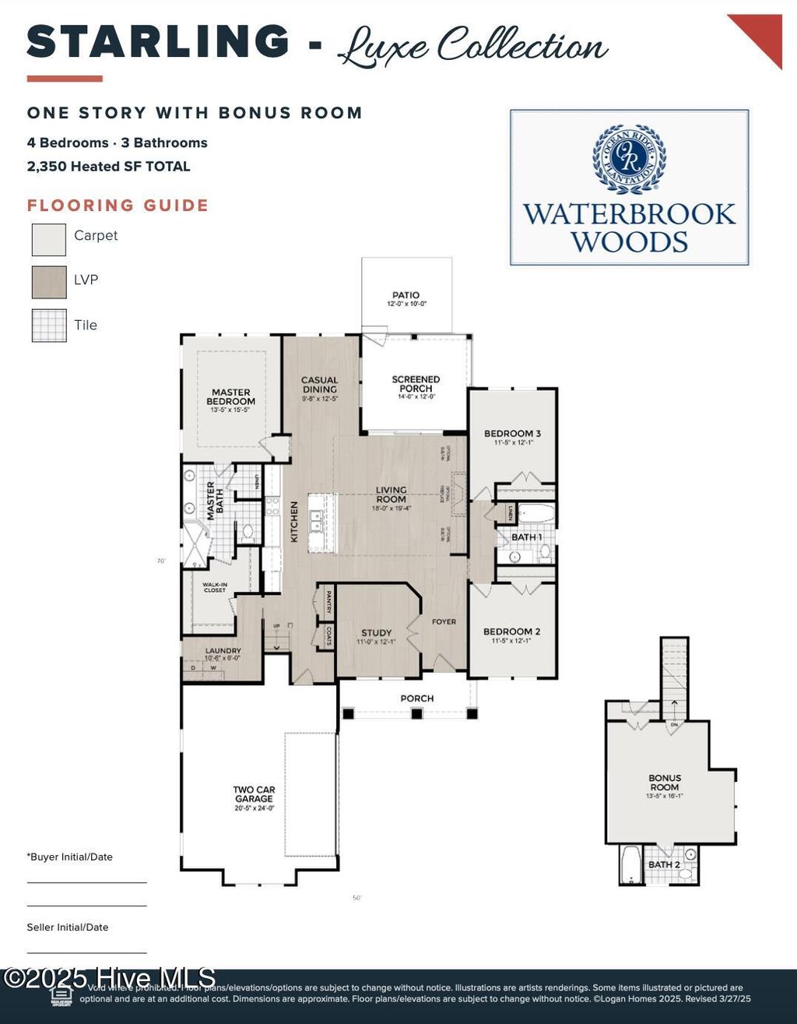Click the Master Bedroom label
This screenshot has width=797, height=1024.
coord(231,397)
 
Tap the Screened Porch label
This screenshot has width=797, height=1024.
coord(416,384)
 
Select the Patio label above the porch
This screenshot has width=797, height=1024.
coord(406,296)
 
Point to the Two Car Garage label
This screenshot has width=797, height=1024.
coord(255,794)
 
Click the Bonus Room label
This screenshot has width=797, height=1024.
coord(665,783)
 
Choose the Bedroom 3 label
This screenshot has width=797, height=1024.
coord(512,434)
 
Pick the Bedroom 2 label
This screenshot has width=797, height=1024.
coord(511,632)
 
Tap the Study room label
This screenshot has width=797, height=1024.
coord(377,633)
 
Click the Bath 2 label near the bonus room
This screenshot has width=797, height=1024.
coord(664,864)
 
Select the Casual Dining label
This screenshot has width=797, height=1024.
coord(320,385)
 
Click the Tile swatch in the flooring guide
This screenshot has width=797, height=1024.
coord(49,325)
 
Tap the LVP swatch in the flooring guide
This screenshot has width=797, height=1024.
coord(49,282)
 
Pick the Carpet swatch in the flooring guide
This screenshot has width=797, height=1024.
coord(49,239)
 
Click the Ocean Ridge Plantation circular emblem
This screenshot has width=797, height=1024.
coord(629,158)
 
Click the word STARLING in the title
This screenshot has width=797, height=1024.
coord(158,42)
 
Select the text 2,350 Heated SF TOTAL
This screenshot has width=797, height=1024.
coord(108,166)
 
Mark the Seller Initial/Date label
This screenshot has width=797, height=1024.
coord(68,927)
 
